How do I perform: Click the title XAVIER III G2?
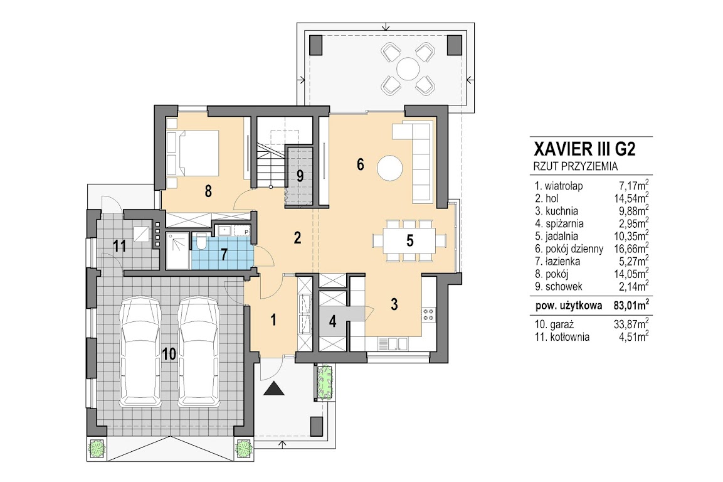point(584,149)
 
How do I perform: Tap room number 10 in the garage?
point(169,354)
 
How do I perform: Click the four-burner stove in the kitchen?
point(428,315)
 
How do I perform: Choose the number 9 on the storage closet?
point(300,176)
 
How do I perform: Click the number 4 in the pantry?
point(332,321)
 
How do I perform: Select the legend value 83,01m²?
point(631,306)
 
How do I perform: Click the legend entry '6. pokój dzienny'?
point(569,249)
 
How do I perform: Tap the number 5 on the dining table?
point(410,241)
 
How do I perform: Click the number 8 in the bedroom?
point(208,191)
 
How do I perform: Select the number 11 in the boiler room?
point(120,245)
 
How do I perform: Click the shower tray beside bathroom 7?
point(177,250)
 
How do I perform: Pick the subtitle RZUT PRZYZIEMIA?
point(576,167)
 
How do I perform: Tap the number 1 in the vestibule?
point(273,319)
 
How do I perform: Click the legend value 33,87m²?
point(631,324)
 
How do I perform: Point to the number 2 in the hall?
point(297,237)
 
